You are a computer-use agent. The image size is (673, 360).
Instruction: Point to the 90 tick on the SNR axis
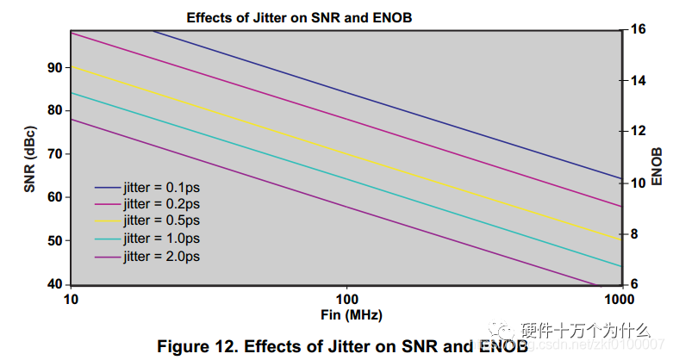click(x=54, y=67)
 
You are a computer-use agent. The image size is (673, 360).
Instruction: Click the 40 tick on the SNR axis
click(x=54, y=284)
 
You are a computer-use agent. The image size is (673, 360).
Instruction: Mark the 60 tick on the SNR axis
click(x=54, y=197)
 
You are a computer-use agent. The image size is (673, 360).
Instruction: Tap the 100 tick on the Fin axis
click(x=346, y=298)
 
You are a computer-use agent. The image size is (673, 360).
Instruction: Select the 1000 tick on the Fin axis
click(x=619, y=298)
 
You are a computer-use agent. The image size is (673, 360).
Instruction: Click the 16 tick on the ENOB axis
click(x=638, y=29)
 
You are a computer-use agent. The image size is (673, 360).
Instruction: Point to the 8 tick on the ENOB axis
click(x=634, y=233)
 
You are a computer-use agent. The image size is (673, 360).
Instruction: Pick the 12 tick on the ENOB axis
click(x=638, y=131)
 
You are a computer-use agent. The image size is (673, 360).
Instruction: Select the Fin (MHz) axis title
click(x=346, y=315)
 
